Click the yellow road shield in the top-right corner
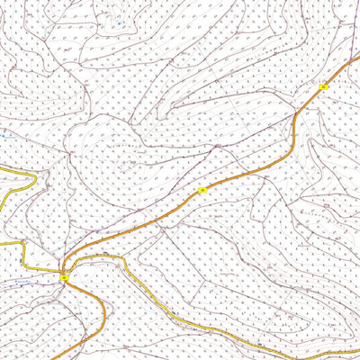click(x=323, y=86)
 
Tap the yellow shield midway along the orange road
click(x=203, y=191)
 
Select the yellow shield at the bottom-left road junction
click(x=64, y=279)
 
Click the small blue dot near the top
click(x=118, y=17)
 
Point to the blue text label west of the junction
click(x=23, y=282)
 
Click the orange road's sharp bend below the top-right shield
click(x=295, y=121)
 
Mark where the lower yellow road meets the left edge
click(x=2, y=243)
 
